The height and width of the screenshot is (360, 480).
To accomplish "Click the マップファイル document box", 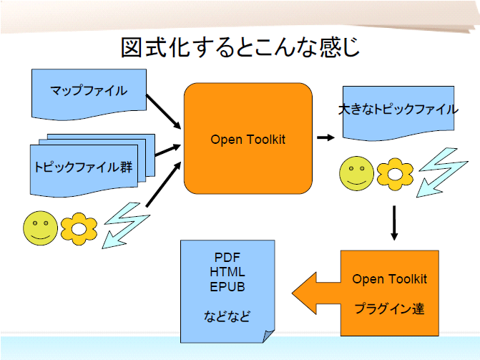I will click(89, 91).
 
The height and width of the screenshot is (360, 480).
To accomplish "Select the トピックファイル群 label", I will click(83, 167).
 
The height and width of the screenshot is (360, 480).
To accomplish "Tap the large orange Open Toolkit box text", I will click(248, 140).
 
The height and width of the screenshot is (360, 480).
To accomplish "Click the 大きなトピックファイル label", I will click(398, 110).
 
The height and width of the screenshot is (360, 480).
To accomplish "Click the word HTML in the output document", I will click(228, 272).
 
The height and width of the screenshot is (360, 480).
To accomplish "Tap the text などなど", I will click(227, 316).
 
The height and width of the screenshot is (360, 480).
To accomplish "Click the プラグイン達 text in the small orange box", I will click(389, 309).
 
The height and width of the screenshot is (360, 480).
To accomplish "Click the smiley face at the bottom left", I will click(41, 228).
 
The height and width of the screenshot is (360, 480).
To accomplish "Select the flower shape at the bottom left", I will click(79, 228).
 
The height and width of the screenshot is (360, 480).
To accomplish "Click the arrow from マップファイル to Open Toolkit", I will click(164, 112).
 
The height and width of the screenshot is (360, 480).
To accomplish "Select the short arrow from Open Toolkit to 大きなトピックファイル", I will click(326, 137).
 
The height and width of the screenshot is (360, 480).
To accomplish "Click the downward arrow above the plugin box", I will click(394, 223).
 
